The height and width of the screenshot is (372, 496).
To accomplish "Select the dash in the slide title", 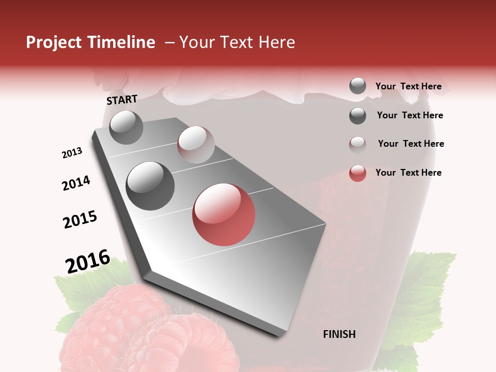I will click(169, 42).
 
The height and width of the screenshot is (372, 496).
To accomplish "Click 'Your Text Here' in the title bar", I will click(237, 42).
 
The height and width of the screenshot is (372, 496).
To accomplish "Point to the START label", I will click(122, 100).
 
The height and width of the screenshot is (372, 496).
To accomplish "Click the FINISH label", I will click(339, 334).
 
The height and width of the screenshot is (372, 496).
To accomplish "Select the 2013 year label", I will click(72, 153).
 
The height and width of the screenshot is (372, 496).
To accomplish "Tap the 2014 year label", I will click(76, 183).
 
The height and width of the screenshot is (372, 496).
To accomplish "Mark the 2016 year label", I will click(88, 261).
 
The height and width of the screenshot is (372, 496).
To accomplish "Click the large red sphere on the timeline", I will click(224, 214).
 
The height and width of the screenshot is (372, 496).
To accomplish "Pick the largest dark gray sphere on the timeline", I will click(150, 186).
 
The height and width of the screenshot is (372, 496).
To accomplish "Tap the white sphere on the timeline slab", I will click(196, 145).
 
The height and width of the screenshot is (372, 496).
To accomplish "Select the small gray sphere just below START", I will click(126, 128).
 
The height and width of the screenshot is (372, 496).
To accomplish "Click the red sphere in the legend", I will click(358, 173).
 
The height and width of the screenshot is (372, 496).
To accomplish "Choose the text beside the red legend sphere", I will click(408, 173).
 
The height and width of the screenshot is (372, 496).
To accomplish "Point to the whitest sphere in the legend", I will click(358, 144).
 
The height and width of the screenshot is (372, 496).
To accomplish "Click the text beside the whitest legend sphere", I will click(411, 144).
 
